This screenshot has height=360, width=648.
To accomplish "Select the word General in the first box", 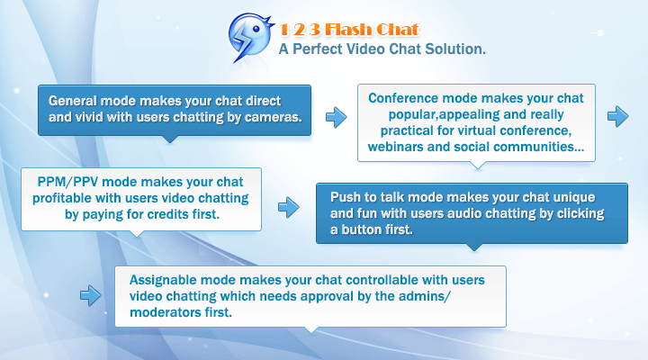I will (73, 101).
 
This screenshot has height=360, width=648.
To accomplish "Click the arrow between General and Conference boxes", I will (336, 116).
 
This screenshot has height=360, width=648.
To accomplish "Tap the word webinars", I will (400, 146).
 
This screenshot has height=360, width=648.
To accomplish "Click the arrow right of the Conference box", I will (618, 115).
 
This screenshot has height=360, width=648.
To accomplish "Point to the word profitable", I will (64, 196).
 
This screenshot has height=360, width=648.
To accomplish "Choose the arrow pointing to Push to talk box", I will (288, 208).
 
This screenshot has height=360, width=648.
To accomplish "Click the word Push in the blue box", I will (346, 197).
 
